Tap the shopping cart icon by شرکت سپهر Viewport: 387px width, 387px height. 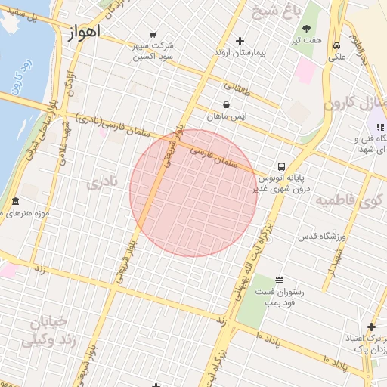click(153, 34)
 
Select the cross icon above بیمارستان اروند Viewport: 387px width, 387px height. click(240, 41)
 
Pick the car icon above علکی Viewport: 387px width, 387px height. click(335, 45)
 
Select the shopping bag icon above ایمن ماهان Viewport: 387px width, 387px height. click(226, 105)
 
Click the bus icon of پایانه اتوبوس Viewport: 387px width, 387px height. click(280, 166)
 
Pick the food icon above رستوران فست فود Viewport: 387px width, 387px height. click(279, 280)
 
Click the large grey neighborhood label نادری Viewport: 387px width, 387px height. click(103, 183)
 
